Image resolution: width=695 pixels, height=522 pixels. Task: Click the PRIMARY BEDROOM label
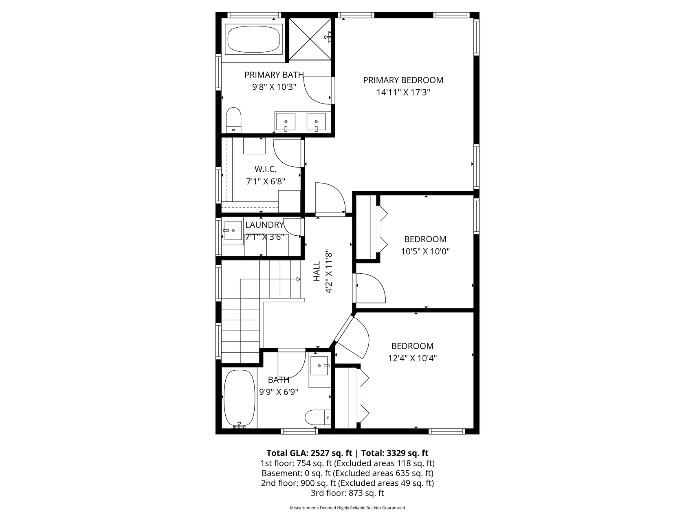point(403,80)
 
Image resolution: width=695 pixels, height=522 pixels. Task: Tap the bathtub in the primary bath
point(253,40)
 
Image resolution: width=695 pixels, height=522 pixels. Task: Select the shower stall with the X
point(309,39)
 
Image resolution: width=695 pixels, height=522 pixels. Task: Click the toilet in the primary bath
point(233,120)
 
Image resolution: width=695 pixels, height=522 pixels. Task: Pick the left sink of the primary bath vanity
point(286,122)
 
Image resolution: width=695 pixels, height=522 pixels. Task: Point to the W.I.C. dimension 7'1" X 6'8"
point(265,181)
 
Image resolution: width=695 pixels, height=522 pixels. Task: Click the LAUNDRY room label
point(264,225)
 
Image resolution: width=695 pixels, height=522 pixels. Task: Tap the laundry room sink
point(233,231)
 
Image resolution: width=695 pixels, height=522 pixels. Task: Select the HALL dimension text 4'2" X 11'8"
point(329,272)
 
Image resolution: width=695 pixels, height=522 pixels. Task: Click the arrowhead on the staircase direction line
point(298,279)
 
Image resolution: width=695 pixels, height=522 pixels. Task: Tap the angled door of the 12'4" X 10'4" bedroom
point(351,337)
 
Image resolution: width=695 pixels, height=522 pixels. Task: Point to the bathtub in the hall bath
point(239,398)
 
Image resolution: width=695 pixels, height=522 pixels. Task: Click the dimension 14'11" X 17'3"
point(403,93)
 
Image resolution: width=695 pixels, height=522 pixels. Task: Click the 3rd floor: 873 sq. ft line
point(347,493)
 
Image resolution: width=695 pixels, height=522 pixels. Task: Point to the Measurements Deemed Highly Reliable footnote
point(347,508)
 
